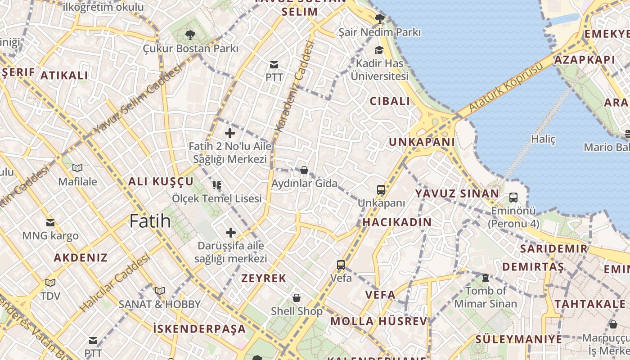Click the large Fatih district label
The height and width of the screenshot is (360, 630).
[150, 221]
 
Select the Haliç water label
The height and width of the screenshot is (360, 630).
[543, 139]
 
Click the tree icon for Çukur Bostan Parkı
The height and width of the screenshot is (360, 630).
[190, 35]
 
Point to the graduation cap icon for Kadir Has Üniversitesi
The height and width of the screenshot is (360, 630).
[379, 50]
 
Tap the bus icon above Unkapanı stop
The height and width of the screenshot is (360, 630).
[381, 190]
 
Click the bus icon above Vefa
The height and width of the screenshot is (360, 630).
[341, 265]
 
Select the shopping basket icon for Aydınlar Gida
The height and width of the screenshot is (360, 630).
[304, 170]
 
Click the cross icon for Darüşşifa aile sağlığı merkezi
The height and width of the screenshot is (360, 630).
[231, 233]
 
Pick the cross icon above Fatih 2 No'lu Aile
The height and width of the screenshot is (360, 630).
[230, 133]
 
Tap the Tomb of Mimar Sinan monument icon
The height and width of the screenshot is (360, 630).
[486, 278]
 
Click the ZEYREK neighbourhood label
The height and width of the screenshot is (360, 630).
[264, 278]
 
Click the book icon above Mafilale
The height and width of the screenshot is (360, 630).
[77, 168]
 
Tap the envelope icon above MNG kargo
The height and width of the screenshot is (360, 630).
[50, 222]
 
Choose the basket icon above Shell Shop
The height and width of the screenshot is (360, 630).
[297, 298]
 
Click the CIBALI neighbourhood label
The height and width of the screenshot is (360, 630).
[390, 101]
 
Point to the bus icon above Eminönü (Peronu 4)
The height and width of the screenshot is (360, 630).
[513, 197]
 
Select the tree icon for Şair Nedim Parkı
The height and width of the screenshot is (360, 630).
[379, 19]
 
